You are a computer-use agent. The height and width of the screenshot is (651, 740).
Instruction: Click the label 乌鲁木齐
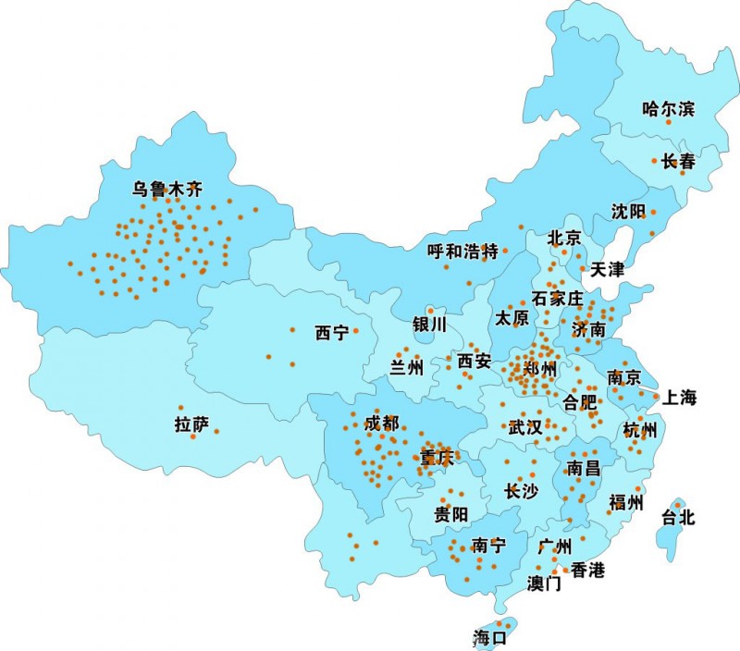tap(166, 190)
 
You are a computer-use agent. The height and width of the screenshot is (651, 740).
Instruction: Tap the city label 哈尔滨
tap(668, 109)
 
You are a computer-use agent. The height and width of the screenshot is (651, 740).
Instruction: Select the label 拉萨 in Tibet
tap(191, 425)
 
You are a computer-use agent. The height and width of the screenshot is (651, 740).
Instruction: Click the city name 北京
tap(564, 239)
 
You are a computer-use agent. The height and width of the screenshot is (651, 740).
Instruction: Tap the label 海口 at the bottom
tap(490, 637)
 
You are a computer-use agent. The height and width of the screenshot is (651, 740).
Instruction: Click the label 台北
tap(678, 518)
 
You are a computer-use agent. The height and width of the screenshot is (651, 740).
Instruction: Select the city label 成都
tap(382, 424)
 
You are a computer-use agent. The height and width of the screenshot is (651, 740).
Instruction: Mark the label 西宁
tap(331, 333)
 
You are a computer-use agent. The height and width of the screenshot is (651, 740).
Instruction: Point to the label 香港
tap(587, 570)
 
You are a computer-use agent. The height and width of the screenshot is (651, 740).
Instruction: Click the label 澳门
tap(544, 583)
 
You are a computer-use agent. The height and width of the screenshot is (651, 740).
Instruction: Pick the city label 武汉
tap(526, 428)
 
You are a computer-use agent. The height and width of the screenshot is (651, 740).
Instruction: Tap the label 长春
tap(677, 161)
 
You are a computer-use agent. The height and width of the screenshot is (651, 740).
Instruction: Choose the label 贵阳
tap(451, 514)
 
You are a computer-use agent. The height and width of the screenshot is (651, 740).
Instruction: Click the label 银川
tap(429, 325)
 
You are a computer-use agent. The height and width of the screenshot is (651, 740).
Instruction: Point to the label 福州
tap(625, 503)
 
